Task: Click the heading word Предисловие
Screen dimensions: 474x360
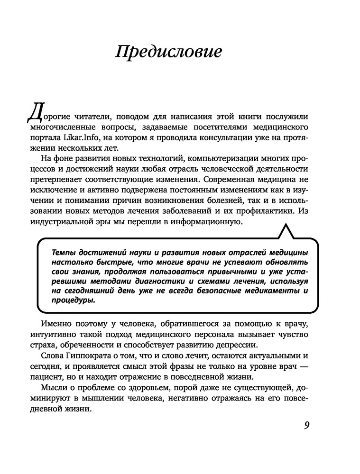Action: click(x=168, y=52)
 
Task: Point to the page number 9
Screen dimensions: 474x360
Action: click(x=306, y=425)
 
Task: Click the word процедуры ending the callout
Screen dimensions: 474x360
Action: click(x=73, y=300)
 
